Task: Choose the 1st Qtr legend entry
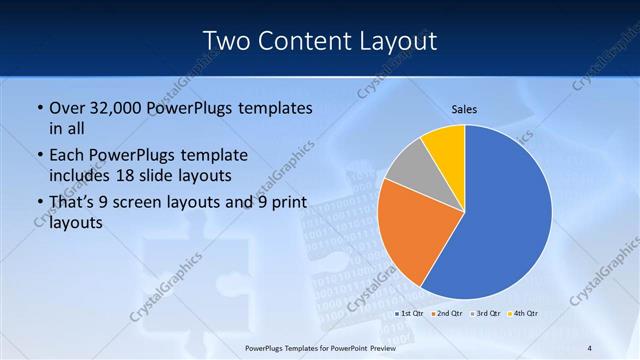(412, 314)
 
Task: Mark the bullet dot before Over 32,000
(39, 108)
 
